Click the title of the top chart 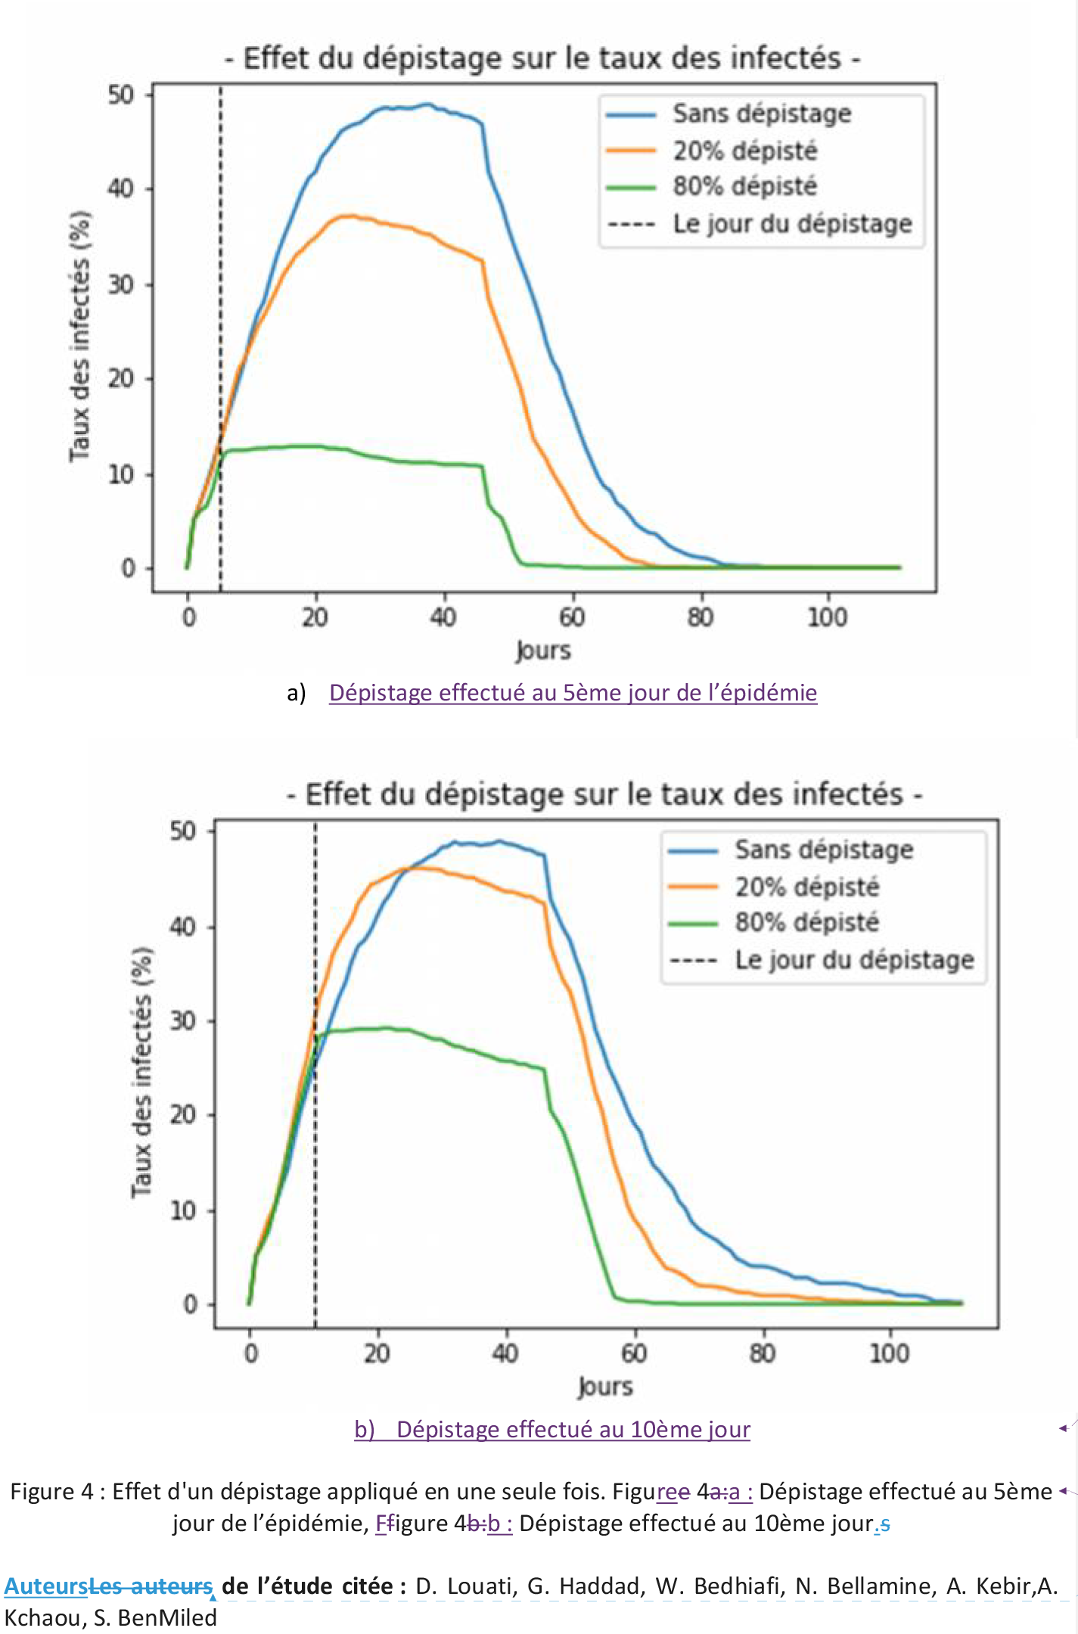[542, 58]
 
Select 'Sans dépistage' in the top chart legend [762, 114]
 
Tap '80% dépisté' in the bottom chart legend [806, 922]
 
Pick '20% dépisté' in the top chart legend [745, 151]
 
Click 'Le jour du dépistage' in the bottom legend [854, 960]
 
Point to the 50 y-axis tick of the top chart [121, 95]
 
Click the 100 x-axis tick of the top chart [827, 617]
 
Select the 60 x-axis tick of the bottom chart [634, 1353]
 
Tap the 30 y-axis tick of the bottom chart [183, 1021]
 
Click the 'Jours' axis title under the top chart [543, 651]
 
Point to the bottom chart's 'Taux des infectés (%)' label [141, 1072]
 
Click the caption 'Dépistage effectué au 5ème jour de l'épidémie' [573, 693]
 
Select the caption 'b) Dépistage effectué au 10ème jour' [552, 1429]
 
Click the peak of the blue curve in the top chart [428, 104]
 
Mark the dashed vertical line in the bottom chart [315, 1135]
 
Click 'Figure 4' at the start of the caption [51, 1492]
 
